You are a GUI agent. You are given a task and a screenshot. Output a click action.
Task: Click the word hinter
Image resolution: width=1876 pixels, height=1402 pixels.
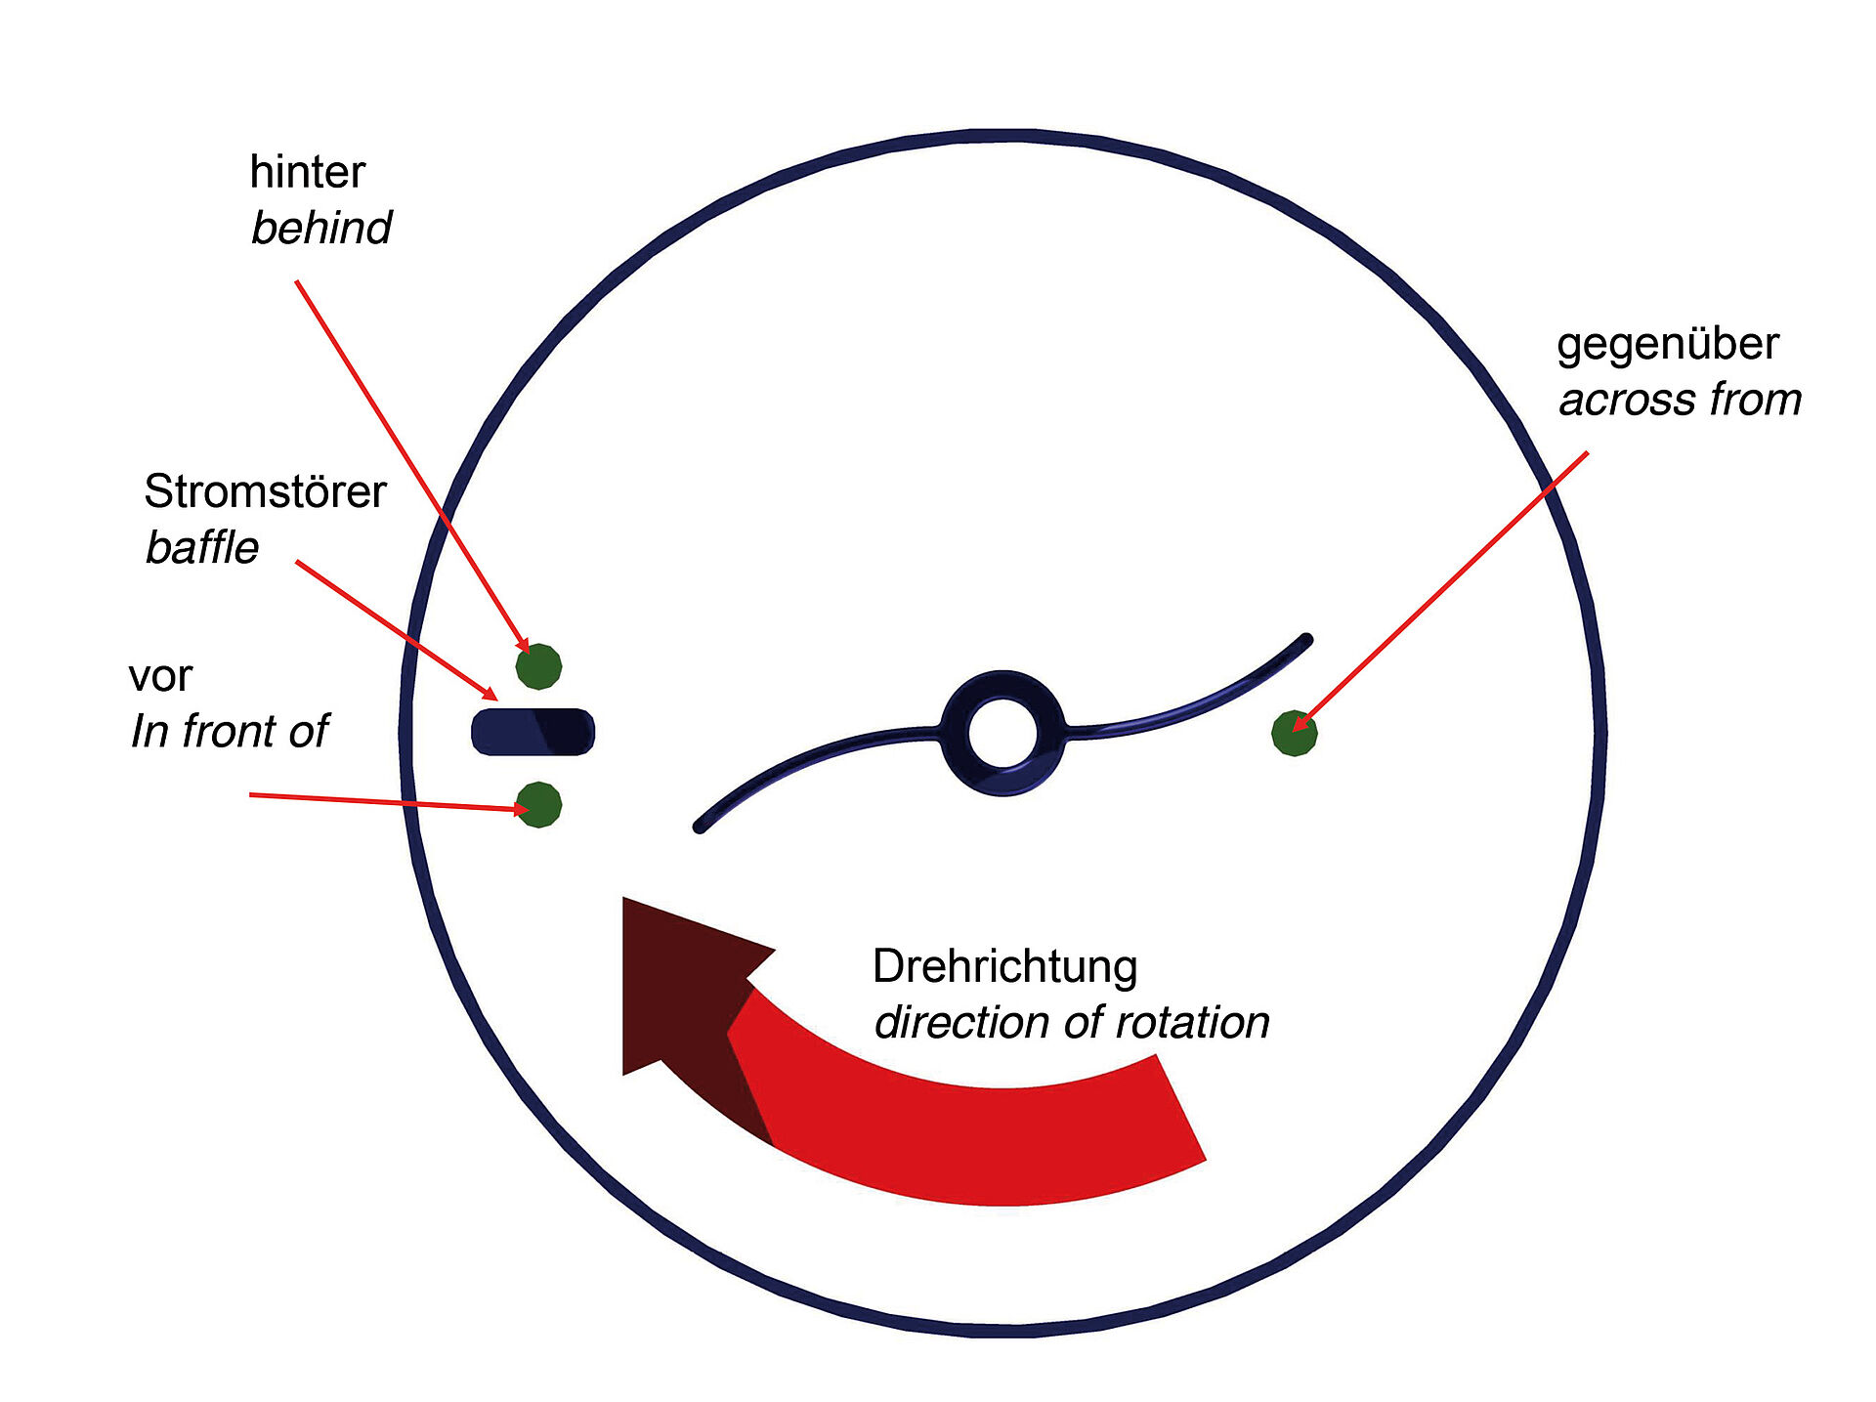(307, 172)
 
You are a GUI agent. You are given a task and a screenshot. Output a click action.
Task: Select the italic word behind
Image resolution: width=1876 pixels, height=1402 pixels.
(320, 229)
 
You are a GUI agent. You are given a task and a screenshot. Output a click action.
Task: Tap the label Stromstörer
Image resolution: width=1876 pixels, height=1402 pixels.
(265, 491)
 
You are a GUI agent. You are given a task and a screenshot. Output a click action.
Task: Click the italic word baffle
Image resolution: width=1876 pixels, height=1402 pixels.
(202, 548)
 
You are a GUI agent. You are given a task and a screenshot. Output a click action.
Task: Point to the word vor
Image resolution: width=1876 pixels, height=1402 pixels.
(160, 676)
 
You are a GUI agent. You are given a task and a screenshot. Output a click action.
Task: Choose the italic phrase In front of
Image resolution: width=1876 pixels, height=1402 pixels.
(230, 732)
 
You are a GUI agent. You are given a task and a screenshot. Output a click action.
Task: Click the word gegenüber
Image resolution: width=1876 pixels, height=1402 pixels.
(1667, 345)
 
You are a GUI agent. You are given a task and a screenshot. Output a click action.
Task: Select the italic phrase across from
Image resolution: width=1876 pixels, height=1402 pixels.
(1680, 401)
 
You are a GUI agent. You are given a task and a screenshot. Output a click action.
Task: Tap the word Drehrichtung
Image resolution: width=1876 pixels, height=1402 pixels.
(1004, 966)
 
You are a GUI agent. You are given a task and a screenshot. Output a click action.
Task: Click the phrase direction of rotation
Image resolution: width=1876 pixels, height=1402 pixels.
(1072, 1023)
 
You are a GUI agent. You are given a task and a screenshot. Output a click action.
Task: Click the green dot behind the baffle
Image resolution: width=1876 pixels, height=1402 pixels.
(538, 667)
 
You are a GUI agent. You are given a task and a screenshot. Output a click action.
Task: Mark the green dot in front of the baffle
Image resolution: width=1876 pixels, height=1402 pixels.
(538, 805)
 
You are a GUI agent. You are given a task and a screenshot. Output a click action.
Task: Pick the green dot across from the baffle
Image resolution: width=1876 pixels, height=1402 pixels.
(1294, 733)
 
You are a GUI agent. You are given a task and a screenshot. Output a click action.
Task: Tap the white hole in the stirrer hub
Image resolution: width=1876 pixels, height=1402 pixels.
(1002, 733)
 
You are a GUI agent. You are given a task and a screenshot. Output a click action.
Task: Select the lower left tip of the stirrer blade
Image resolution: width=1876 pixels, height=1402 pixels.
(700, 827)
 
